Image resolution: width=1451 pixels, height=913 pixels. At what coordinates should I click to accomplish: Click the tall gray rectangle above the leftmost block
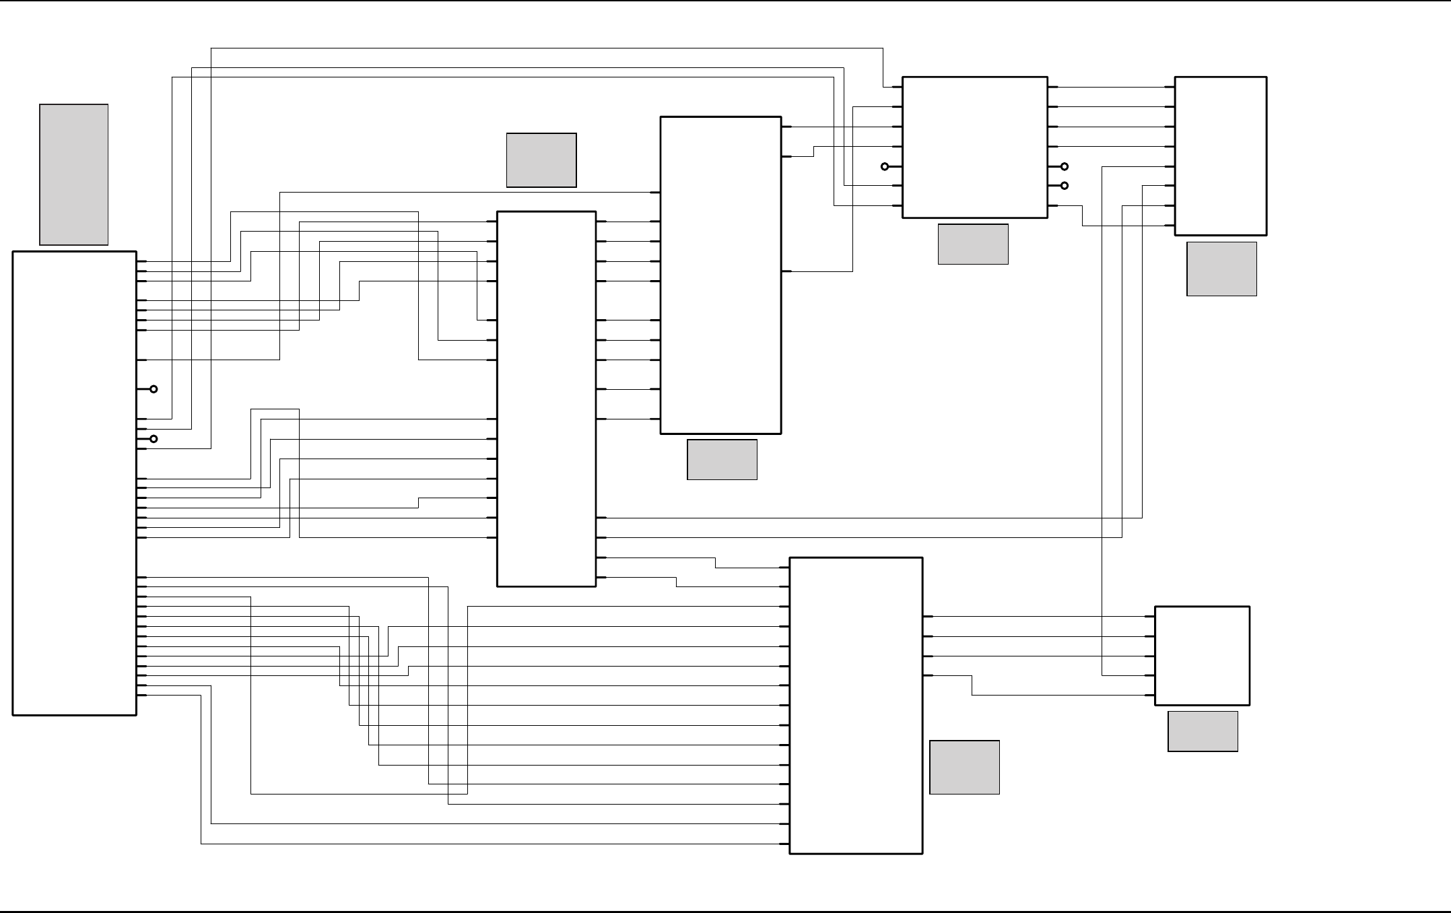74,174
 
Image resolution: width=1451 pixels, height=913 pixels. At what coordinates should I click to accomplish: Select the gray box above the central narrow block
541,160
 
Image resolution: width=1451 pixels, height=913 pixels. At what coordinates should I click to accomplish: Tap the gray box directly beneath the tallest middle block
722,460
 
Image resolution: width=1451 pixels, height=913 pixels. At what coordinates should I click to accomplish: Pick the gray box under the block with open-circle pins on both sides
973,244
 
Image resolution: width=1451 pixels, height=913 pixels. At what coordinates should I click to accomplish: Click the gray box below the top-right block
1221,269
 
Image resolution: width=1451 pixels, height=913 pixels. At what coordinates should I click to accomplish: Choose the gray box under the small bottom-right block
1203,731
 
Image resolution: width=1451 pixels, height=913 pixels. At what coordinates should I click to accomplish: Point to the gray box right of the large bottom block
964,768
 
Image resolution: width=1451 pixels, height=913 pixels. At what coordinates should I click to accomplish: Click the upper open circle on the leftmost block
154,389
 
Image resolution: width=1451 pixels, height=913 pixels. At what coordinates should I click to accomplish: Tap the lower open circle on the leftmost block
154,439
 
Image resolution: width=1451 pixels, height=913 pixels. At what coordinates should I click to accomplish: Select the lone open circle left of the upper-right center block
885,166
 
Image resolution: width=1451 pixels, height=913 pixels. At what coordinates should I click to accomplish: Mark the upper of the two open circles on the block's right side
1065,166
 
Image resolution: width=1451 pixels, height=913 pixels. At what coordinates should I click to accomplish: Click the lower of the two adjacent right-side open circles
1065,186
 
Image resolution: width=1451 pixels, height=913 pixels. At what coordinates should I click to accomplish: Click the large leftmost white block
74,483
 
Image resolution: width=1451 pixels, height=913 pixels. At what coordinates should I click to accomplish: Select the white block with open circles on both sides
974,147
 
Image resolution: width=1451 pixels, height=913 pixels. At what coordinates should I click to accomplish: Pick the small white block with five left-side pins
1202,656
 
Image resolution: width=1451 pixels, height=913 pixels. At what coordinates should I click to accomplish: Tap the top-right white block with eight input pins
1220,156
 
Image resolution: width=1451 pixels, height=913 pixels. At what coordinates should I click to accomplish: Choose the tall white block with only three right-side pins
720,275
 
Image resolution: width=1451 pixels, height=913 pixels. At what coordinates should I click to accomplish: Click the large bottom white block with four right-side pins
855,706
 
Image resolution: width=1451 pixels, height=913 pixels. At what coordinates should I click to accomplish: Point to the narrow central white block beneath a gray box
546,399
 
